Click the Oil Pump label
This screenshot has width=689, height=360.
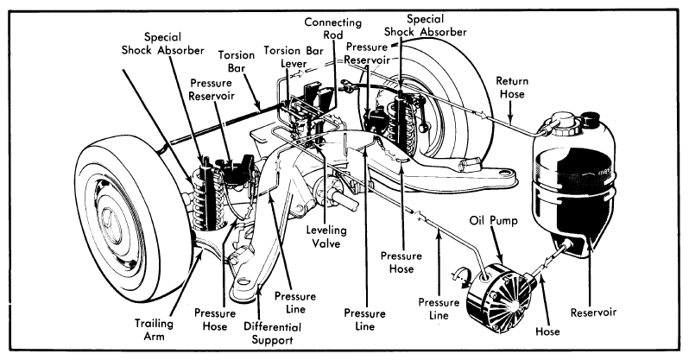pyautogui.click(x=494, y=220)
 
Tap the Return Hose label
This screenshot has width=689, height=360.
pyautogui.click(x=512, y=87)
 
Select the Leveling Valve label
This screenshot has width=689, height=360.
pyautogui.click(x=326, y=237)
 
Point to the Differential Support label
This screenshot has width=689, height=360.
pyautogui.click(x=273, y=333)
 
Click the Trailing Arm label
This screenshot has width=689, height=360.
pyautogui.click(x=154, y=330)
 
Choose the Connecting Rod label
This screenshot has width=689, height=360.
pyautogui.click(x=333, y=28)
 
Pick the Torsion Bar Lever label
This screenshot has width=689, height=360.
pyautogui.click(x=294, y=57)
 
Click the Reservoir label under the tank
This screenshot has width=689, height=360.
pyautogui.click(x=593, y=313)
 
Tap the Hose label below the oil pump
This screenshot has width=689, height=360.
pyautogui.click(x=547, y=331)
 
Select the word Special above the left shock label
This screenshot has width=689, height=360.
pyautogui.click(x=162, y=37)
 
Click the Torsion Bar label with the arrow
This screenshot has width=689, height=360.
pyautogui.click(x=237, y=61)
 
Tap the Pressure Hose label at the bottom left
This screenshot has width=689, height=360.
pyautogui.click(x=215, y=320)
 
